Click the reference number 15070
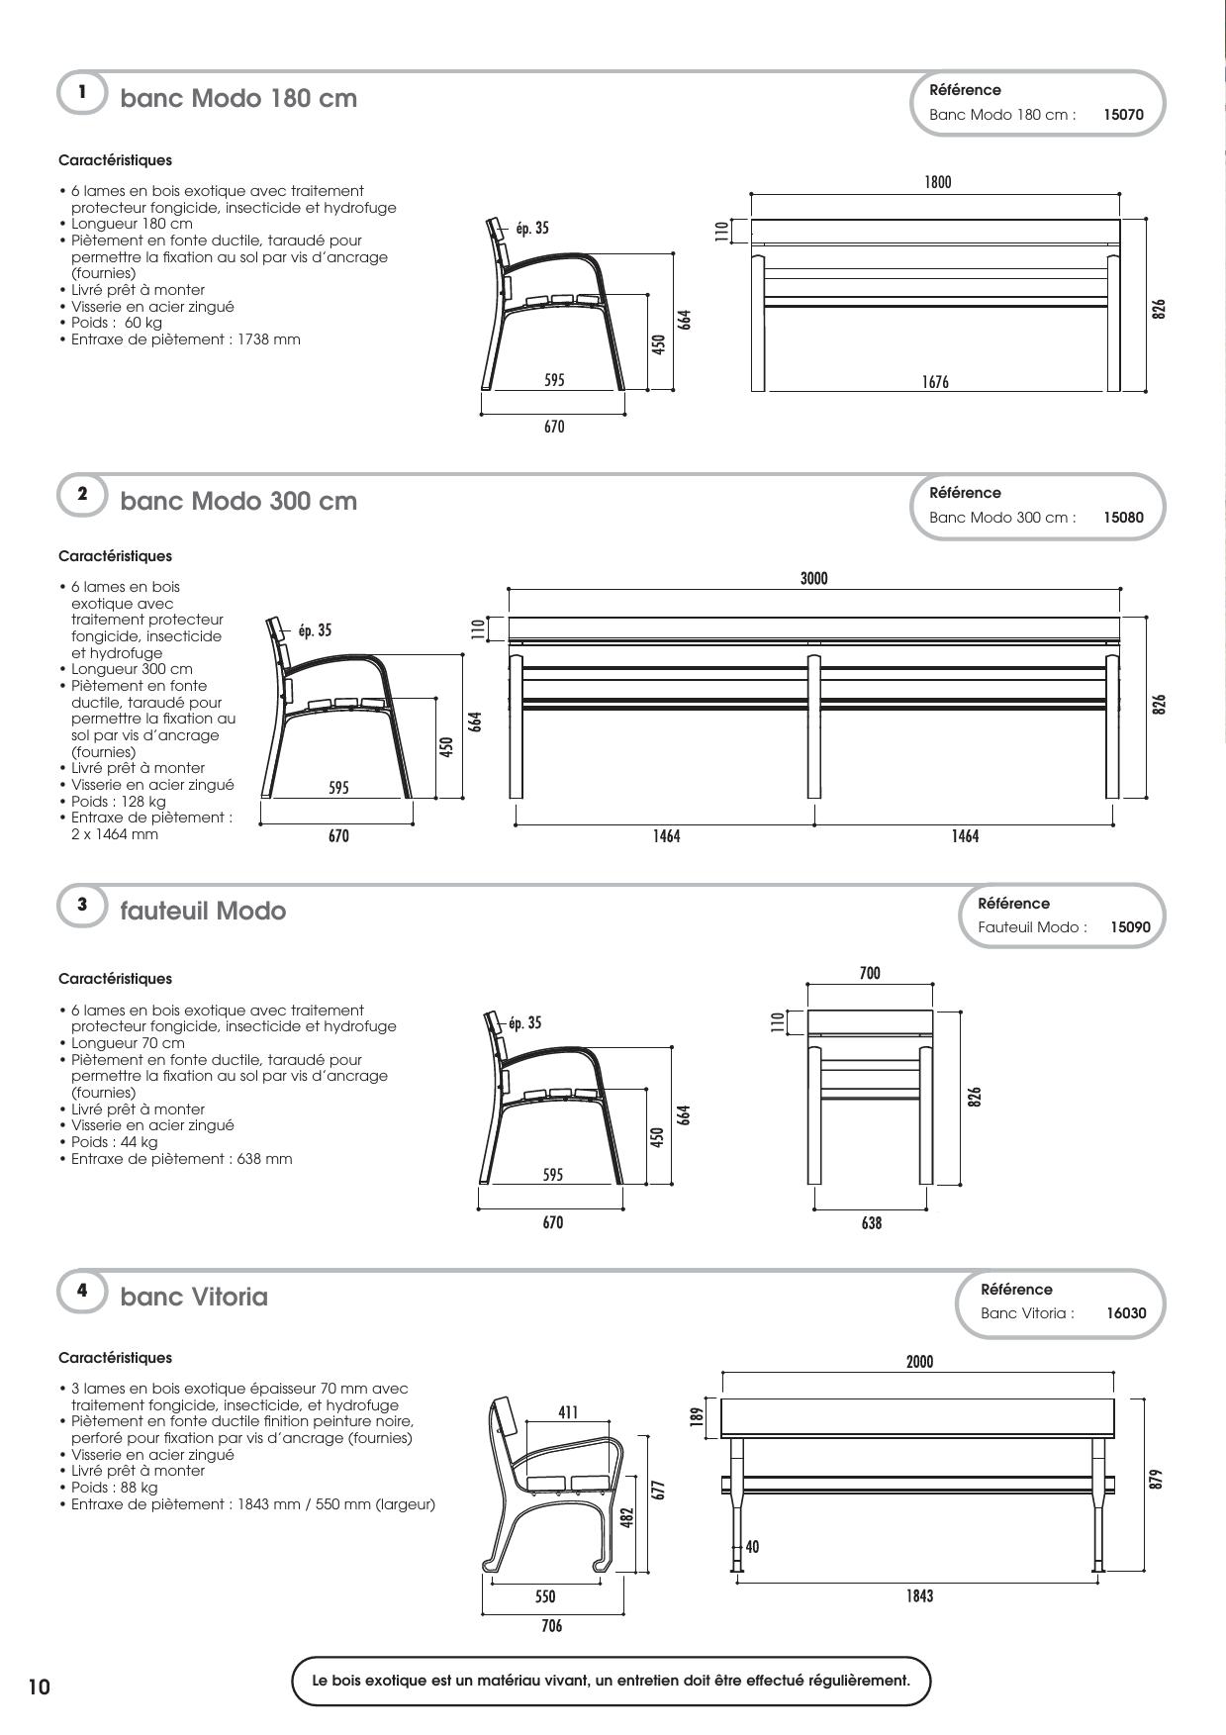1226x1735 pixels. [x=1123, y=115]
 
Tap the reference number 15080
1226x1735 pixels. [x=1123, y=518]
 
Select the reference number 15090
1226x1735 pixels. [x=1130, y=927]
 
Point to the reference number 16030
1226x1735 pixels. [x=1126, y=1313]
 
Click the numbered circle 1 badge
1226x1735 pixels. [x=82, y=92]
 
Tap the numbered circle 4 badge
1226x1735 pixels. [x=82, y=1291]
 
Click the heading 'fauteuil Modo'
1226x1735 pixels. [x=203, y=911]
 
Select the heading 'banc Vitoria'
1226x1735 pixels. [x=194, y=1297]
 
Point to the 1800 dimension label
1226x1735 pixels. [x=937, y=182]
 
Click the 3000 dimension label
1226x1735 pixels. [x=813, y=578]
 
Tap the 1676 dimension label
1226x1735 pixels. [x=935, y=382]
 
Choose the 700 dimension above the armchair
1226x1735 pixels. [x=870, y=974]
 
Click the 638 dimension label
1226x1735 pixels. [x=871, y=1223]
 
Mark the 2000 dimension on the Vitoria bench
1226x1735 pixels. [x=919, y=1362]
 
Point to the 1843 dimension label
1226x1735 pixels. [x=919, y=1595]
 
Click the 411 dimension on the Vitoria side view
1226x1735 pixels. [x=567, y=1412]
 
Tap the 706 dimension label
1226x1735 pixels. [x=551, y=1626]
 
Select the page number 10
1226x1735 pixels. [x=39, y=1687]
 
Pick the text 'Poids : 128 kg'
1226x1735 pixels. [x=119, y=802]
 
